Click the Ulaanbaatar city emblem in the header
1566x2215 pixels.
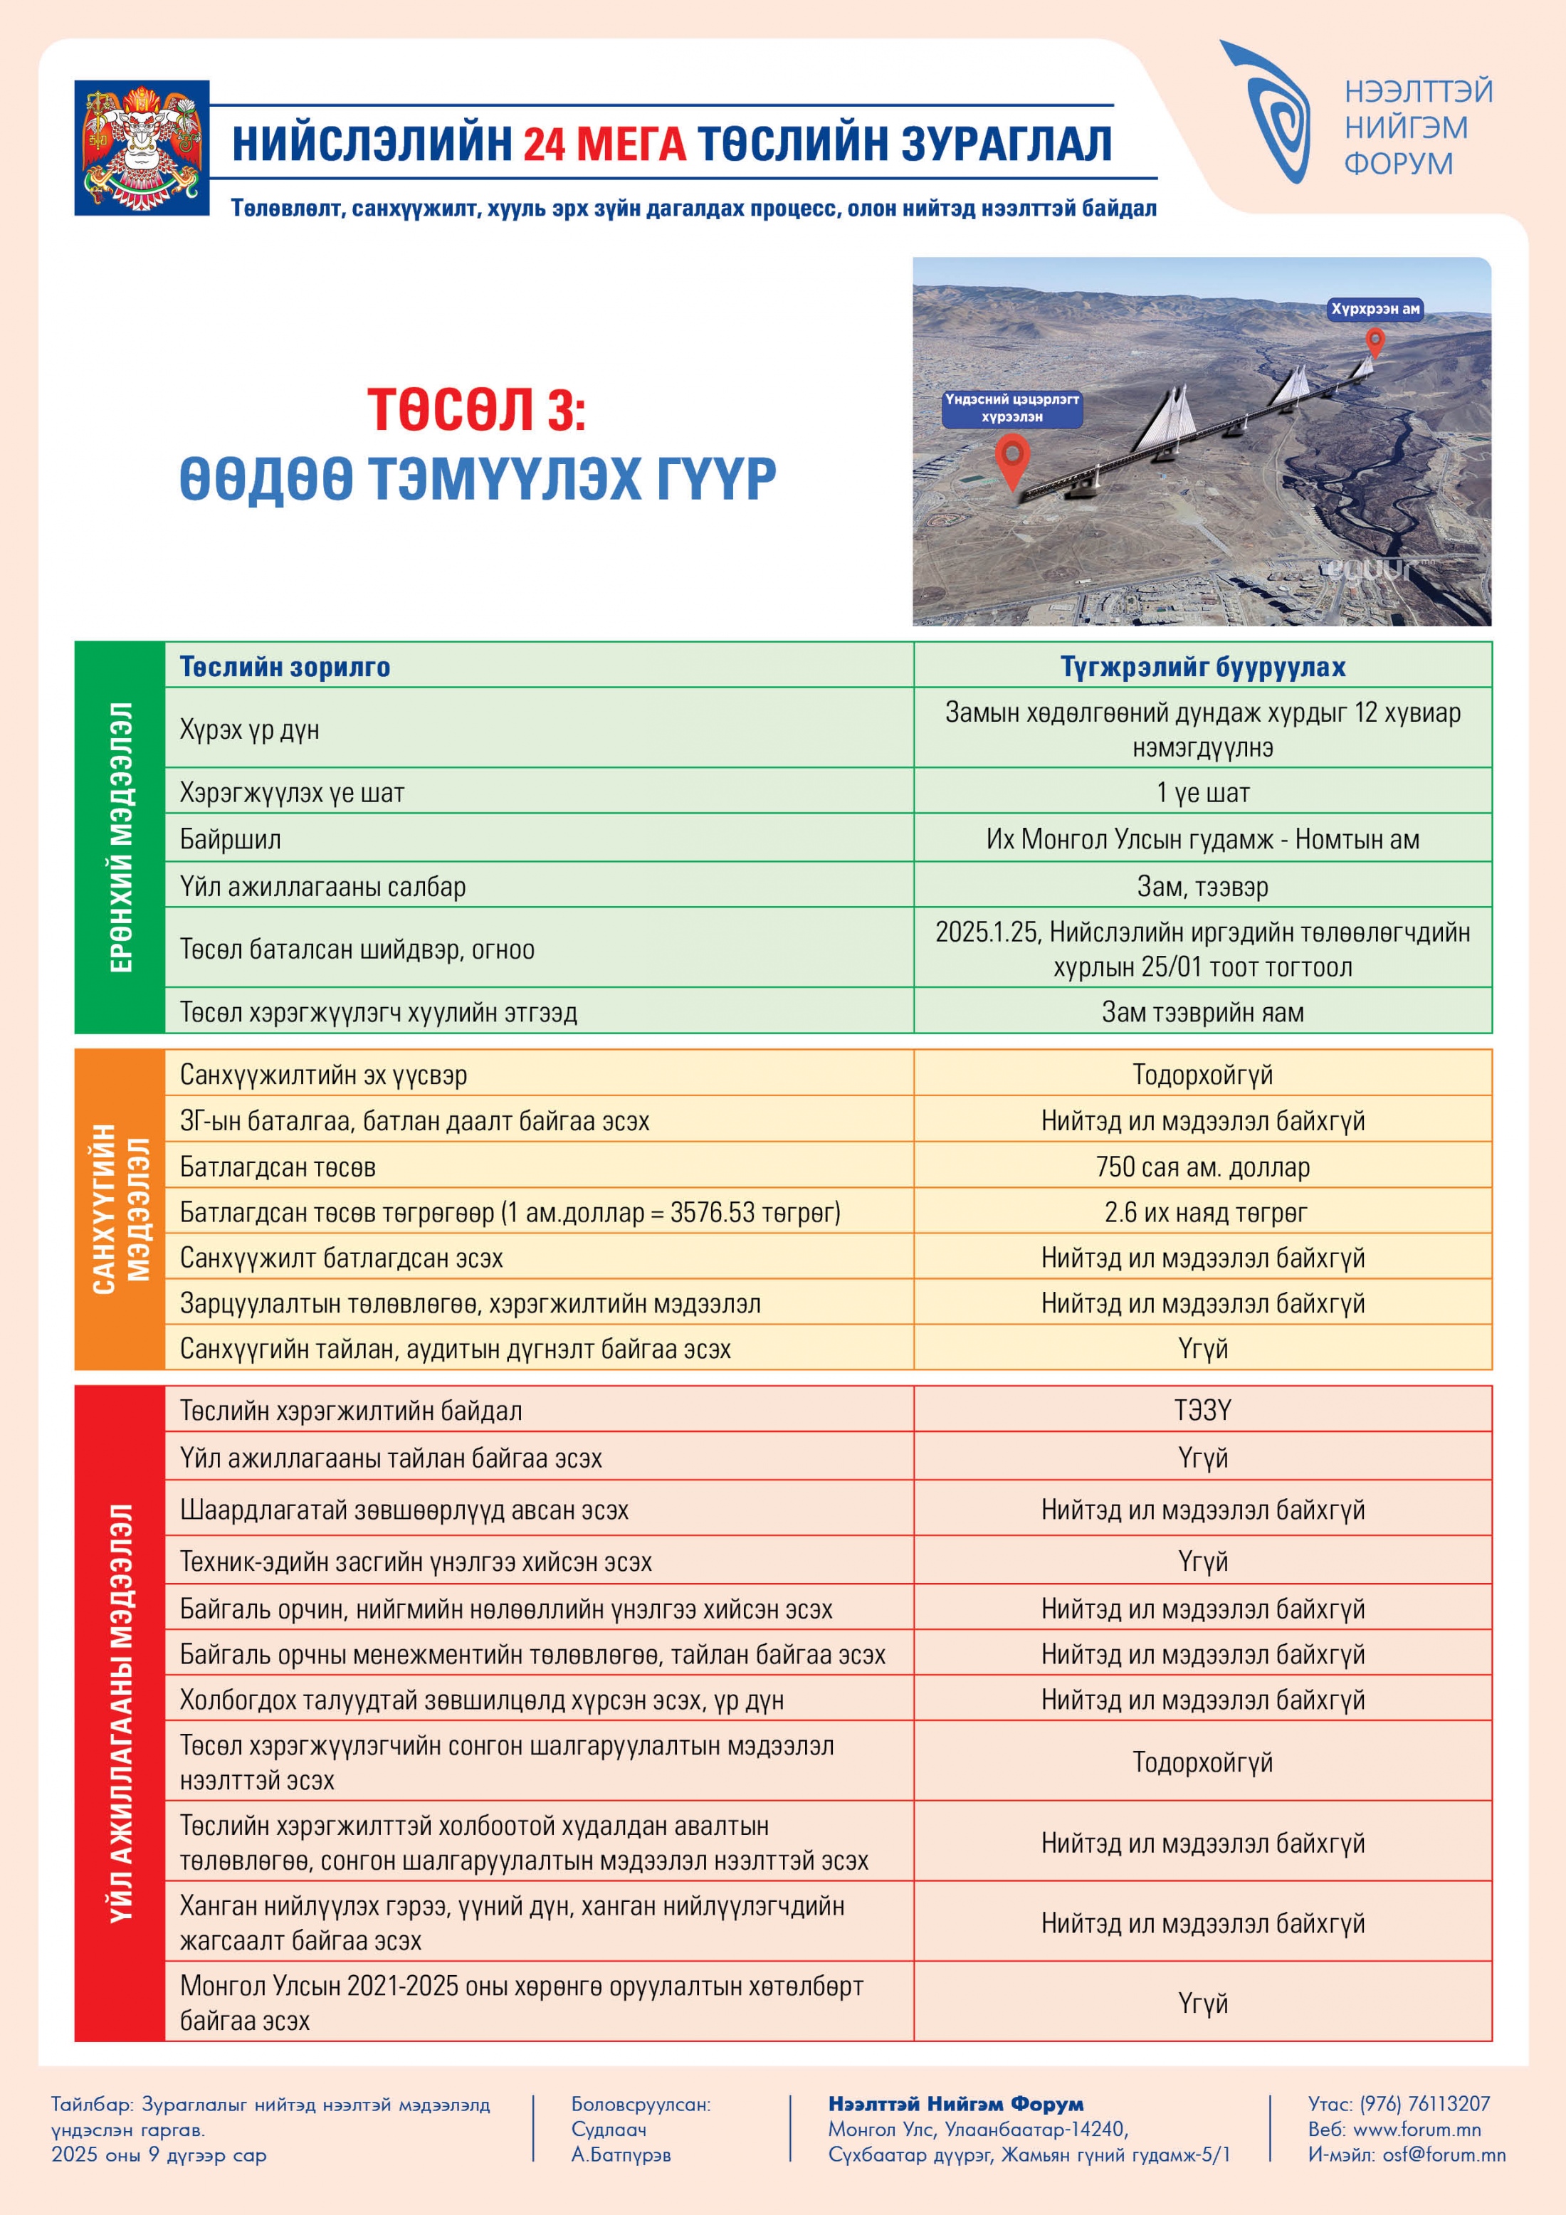click(x=142, y=147)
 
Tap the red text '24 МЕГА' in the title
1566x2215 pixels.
click(x=604, y=144)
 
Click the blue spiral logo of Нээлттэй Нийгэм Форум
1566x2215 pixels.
click(x=1271, y=113)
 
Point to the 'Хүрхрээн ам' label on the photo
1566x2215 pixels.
click(x=1375, y=309)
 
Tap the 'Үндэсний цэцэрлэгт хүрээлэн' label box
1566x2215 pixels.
click(x=1011, y=408)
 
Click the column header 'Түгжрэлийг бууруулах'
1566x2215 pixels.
click(x=1202, y=667)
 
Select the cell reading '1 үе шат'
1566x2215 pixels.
click(x=1202, y=793)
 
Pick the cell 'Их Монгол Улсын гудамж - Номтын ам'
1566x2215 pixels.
click(x=1202, y=839)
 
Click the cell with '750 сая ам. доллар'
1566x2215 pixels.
click(x=1202, y=1167)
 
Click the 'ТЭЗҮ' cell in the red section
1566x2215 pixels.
click(x=1202, y=1411)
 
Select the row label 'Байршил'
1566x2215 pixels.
click(x=231, y=839)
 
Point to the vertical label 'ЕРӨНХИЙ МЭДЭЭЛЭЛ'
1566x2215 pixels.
click(x=120, y=837)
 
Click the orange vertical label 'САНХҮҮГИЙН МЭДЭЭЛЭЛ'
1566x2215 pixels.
click(x=120, y=1209)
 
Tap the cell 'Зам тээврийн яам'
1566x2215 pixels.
click(x=1202, y=1012)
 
